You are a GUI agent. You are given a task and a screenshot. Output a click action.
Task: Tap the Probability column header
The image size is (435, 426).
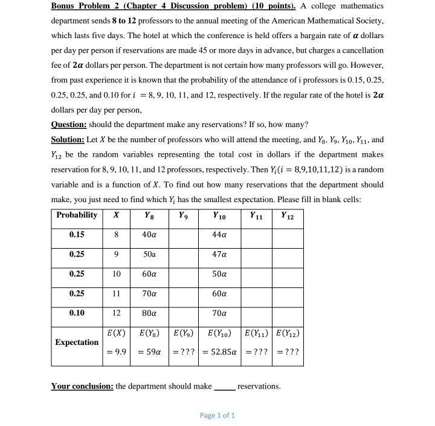coord(76,215)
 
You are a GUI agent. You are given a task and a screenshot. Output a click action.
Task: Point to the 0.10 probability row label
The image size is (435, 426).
coord(76,313)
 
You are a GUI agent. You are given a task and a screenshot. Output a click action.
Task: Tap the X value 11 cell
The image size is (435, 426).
coord(116,294)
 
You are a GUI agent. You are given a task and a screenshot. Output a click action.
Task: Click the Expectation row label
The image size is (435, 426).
coord(76,342)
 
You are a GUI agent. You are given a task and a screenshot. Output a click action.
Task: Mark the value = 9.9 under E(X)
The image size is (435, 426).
coord(116,353)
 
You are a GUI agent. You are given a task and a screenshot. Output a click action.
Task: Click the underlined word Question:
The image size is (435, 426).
coord(69,125)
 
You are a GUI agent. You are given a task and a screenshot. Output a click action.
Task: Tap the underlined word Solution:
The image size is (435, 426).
coord(68,139)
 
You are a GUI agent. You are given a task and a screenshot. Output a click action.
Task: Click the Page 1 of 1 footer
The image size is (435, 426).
coord(217,415)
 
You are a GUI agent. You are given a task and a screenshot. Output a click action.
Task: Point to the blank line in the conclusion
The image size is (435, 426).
coord(225,387)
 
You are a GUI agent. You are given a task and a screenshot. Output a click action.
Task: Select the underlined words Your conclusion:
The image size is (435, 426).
coord(82,386)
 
